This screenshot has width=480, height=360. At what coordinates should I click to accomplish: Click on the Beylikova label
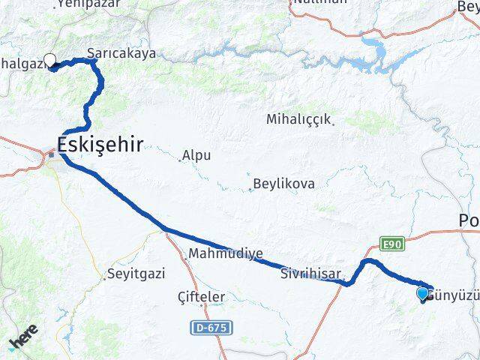[x=283, y=184]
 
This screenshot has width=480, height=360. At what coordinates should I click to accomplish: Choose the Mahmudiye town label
[x=226, y=253]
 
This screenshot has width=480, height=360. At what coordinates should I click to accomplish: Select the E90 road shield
[x=391, y=245]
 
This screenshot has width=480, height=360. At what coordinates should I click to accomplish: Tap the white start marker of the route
[x=50, y=61]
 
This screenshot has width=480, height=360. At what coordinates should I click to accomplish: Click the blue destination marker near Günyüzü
[x=423, y=293]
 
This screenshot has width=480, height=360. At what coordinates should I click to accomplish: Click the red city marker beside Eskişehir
[x=52, y=154]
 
